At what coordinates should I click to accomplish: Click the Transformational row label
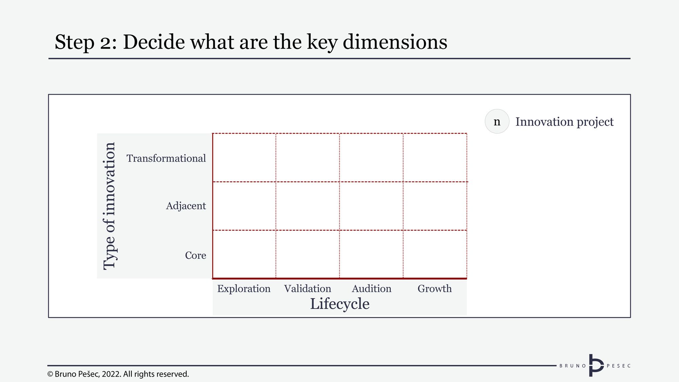(x=166, y=158)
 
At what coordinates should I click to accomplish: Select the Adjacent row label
(x=186, y=206)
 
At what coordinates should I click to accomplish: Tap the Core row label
(x=196, y=255)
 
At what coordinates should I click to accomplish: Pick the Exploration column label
(x=244, y=289)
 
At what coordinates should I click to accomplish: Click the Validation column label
(x=308, y=289)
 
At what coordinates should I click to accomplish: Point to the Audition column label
(x=371, y=289)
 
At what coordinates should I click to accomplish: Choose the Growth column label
(x=435, y=289)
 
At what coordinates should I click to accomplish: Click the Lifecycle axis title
(x=339, y=304)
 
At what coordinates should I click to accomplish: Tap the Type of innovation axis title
(x=109, y=206)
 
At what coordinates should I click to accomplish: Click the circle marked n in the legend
(x=497, y=121)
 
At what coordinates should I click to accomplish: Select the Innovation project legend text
(x=564, y=122)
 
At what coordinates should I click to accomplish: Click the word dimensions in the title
(x=395, y=42)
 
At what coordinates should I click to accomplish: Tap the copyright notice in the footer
(x=118, y=374)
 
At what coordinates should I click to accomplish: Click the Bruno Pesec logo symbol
(x=596, y=365)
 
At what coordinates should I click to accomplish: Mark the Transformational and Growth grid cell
(x=435, y=158)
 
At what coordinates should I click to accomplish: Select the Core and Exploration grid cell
(x=244, y=254)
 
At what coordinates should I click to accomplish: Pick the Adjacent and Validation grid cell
(x=308, y=206)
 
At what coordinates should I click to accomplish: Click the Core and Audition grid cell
(x=371, y=254)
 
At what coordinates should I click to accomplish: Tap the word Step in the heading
(x=74, y=43)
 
